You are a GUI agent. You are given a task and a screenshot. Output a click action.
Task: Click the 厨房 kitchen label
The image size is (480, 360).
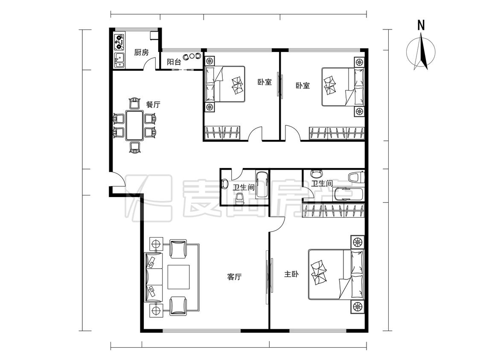141,52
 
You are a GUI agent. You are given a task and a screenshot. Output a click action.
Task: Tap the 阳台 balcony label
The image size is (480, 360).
174,62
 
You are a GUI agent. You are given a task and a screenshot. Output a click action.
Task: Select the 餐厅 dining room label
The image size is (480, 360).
153,105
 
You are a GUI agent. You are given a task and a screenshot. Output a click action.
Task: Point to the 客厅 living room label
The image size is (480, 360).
235,277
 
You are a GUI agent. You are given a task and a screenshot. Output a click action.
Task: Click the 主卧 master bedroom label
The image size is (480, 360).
291,274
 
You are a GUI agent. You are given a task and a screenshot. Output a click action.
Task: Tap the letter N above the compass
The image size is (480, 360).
421,26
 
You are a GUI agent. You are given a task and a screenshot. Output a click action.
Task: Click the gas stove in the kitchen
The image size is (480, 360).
119,42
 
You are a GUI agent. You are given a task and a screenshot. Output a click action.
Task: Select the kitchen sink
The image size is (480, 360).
119,60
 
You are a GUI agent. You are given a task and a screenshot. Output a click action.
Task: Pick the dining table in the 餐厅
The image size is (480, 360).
134,126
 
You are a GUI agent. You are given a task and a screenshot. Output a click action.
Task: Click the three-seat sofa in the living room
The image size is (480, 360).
154,277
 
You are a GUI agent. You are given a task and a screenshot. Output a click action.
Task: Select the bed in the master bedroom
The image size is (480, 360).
336,274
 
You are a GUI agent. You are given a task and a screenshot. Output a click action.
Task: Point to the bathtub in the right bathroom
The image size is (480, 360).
348,195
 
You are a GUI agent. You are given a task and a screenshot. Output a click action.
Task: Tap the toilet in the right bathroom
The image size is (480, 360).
356,177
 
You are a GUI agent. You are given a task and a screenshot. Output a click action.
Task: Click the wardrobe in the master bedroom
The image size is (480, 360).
333,211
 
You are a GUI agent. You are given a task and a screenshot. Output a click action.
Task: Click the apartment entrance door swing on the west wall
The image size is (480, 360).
118,179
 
